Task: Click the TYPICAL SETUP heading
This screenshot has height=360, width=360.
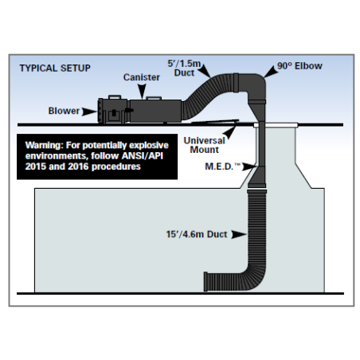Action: point(55,68)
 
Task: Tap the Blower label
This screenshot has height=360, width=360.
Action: point(64,111)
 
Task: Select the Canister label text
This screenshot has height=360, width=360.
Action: point(142,77)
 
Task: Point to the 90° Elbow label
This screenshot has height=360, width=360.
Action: point(299,66)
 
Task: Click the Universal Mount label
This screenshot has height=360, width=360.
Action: point(204,145)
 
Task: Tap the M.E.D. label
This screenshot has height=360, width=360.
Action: point(222,166)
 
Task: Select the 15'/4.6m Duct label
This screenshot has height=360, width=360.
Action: point(197,234)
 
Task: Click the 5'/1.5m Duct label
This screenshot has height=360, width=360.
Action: point(184,68)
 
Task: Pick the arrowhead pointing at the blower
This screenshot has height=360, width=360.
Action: point(89,112)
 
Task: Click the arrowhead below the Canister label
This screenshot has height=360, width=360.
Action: point(142,92)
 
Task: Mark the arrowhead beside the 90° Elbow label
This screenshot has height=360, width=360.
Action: point(271,72)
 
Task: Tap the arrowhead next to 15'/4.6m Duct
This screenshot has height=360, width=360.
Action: point(239,234)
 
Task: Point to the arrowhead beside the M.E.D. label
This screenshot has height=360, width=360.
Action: point(249,166)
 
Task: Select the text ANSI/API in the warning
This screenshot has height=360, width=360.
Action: point(142,156)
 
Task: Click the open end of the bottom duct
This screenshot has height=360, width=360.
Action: point(205,281)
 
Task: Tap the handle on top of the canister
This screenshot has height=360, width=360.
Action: point(154,98)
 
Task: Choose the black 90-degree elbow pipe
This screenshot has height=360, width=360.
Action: point(252,85)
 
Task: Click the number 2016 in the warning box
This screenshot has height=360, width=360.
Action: point(78,166)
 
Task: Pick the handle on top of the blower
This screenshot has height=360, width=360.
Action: point(115,97)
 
